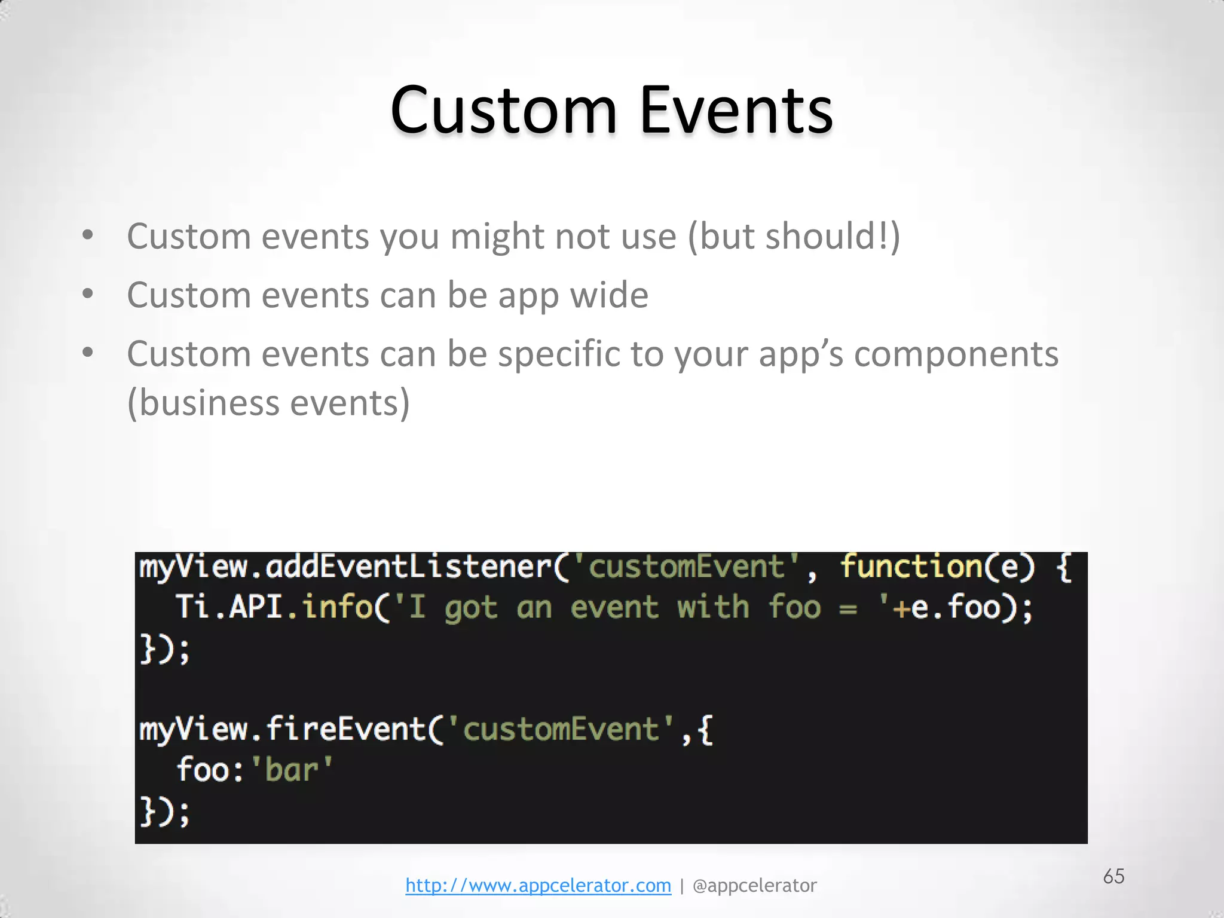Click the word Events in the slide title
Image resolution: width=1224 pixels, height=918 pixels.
736,111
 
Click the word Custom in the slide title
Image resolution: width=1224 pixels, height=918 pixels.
503,111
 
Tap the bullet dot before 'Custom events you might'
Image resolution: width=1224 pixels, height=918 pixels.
88,235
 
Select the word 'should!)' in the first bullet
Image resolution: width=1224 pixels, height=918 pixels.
833,235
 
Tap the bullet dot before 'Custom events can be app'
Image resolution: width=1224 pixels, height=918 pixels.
88,293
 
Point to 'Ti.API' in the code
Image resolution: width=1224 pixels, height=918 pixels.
229,607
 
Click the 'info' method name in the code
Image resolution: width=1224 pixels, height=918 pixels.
337,607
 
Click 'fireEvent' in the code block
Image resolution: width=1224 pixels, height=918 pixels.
345,730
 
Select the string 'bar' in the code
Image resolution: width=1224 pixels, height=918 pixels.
291,770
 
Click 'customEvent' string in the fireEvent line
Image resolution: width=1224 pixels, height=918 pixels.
561,730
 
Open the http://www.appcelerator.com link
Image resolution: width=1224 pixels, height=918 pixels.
538,885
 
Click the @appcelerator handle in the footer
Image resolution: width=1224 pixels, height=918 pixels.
754,885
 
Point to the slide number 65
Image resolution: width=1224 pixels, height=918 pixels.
1113,876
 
